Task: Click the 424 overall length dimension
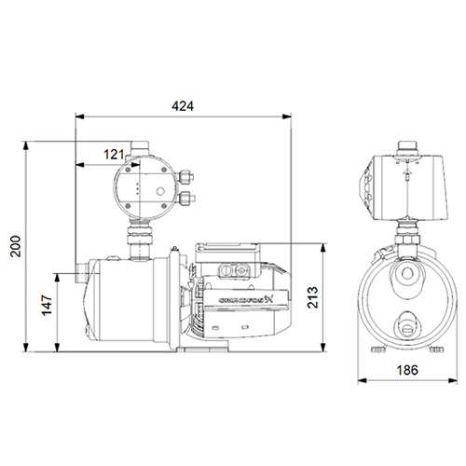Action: (x=184, y=107)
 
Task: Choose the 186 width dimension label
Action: (x=404, y=370)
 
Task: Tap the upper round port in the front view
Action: (x=406, y=277)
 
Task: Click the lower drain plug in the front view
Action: (x=406, y=326)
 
